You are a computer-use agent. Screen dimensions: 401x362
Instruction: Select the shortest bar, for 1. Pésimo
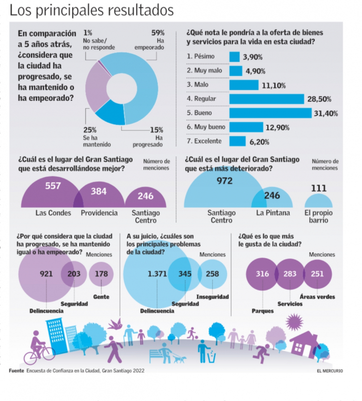(234, 57)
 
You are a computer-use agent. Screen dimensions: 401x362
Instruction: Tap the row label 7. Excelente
(205, 142)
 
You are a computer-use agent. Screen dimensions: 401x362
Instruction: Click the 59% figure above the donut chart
(159, 33)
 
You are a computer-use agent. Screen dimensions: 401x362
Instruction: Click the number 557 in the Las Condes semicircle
(53, 186)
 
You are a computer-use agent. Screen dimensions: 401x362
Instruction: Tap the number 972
(224, 181)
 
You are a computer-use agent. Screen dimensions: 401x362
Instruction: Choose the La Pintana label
(273, 213)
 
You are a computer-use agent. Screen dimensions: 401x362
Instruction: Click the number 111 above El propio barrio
(318, 188)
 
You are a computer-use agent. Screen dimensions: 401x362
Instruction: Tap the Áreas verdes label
(317, 297)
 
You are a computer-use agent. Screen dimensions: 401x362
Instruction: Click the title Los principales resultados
(92, 10)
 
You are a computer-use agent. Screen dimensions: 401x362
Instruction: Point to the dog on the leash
(180, 359)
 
